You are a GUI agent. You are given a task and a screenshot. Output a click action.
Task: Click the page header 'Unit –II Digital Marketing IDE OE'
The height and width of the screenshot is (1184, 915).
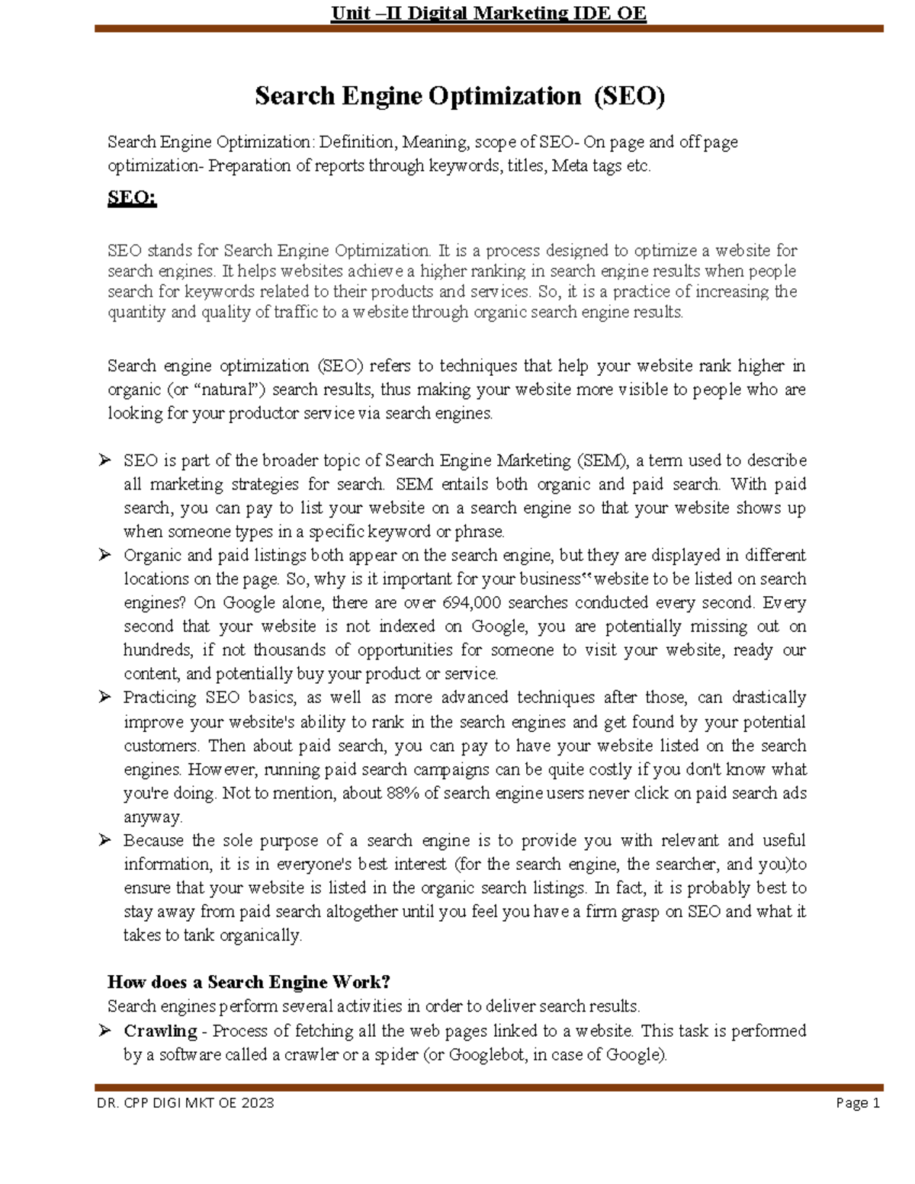click(488, 13)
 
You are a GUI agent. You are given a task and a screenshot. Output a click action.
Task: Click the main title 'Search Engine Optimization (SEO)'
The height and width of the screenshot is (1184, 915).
click(460, 96)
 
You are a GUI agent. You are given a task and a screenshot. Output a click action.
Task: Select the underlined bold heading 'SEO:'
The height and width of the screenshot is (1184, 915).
click(132, 198)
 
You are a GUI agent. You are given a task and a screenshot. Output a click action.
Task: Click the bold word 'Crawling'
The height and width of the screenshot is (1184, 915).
click(160, 1032)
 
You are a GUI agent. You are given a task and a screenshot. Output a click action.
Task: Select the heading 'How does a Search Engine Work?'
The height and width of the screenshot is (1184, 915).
click(249, 982)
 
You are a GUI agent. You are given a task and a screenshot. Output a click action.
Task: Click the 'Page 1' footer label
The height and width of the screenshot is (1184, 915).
click(858, 1103)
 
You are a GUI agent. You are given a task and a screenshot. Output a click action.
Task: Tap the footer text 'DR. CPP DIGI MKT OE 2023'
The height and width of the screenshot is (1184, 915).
click(185, 1103)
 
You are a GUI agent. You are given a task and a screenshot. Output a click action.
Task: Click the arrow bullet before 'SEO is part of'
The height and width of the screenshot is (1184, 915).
click(104, 460)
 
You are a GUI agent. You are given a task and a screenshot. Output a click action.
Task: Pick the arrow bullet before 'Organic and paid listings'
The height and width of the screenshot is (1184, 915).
click(104, 555)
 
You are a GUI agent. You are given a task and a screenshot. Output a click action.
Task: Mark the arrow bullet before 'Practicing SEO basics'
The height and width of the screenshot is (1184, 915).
click(104, 697)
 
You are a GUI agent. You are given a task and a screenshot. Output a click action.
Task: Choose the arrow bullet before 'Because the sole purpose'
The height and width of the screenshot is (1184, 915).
click(104, 840)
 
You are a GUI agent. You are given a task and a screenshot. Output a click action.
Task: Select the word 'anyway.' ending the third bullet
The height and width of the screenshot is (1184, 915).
click(152, 817)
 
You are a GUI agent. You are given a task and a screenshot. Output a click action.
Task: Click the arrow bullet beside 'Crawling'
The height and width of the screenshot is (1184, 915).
click(104, 1031)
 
